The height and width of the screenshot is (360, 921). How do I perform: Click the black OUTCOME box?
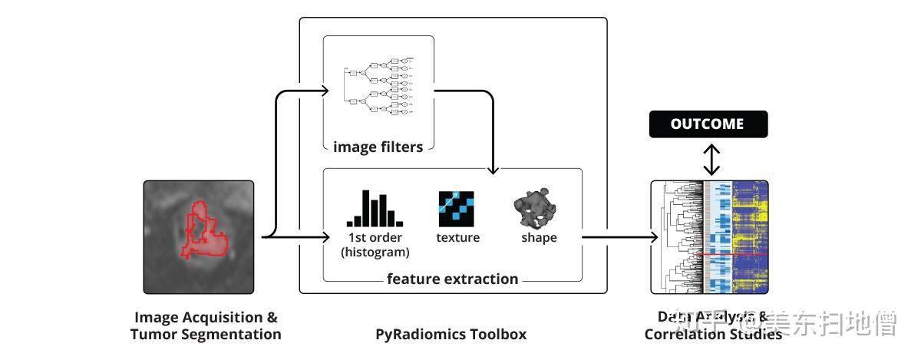[708, 124]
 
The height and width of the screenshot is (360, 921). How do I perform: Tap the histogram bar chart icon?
[374, 208]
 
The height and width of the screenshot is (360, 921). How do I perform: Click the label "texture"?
[457, 238]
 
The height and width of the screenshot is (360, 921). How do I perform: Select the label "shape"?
[539, 238]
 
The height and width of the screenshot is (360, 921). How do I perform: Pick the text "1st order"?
[375, 238]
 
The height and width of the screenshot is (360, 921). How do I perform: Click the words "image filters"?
[378, 147]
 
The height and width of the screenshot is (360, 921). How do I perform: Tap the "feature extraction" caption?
[453, 279]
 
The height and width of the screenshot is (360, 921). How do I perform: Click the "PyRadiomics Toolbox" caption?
[451, 335]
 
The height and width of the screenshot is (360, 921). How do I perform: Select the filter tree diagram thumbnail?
[379, 86]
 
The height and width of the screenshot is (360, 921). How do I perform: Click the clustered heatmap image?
[710, 236]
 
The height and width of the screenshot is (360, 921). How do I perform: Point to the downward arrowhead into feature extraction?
[494, 167]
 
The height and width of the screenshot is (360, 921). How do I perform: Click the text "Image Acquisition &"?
[206, 318]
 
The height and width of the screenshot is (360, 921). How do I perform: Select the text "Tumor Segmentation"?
[206, 335]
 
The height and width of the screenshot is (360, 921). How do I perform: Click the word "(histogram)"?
[375, 252]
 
